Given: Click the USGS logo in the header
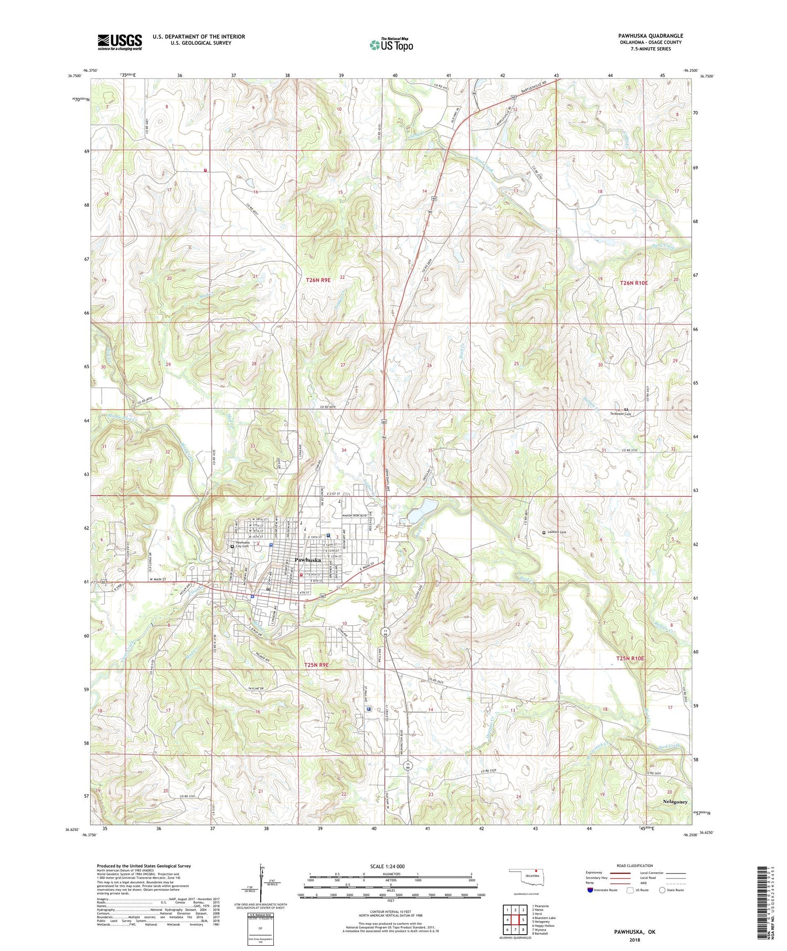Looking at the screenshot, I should (x=120, y=42).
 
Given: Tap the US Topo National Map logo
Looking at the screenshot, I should (x=391, y=45).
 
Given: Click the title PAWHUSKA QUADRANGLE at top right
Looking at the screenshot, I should (x=650, y=36).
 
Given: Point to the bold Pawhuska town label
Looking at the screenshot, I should (x=307, y=560).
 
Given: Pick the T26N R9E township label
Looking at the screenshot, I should (x=318, y=280).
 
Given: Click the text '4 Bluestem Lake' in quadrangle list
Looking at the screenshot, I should (x=544, y=918).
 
